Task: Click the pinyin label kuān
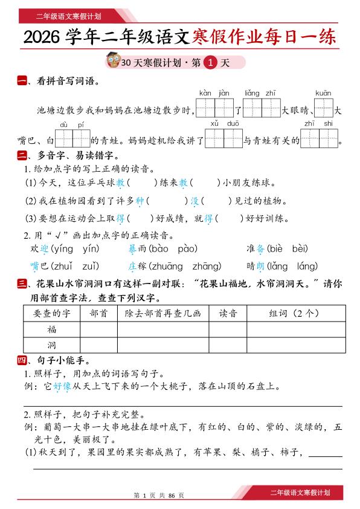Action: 323,93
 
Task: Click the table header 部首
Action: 98,313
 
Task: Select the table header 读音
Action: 228,313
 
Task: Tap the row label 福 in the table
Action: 52,329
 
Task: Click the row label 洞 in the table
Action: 52,345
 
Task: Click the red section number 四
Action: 22,361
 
